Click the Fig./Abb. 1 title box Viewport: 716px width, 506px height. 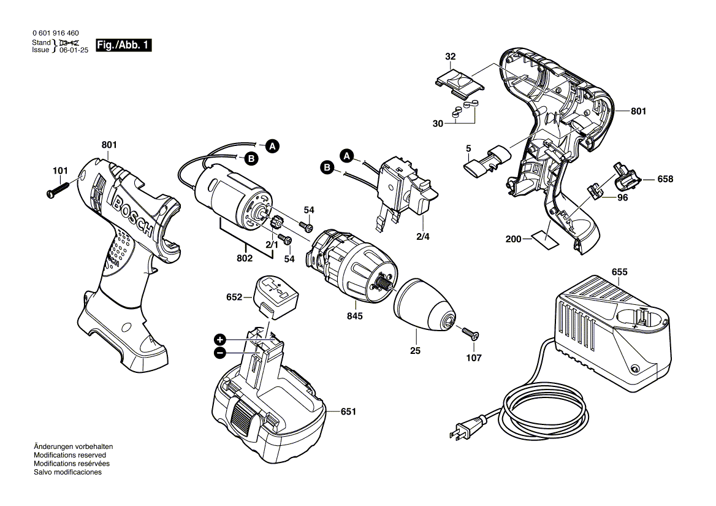tap(122, 46)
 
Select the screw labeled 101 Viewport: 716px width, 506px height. tap(64, 185)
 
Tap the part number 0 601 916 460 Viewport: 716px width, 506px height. tap(55, 33)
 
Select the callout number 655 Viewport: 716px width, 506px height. tap(619, 272)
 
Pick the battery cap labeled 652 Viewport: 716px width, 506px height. tap(276, 294)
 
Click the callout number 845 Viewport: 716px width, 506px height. tap(354, 316)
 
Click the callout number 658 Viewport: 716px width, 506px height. tap(665, 180)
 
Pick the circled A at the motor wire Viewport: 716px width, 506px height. tap(272, 146)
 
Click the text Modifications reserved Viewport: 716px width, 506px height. tap(70, 456)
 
